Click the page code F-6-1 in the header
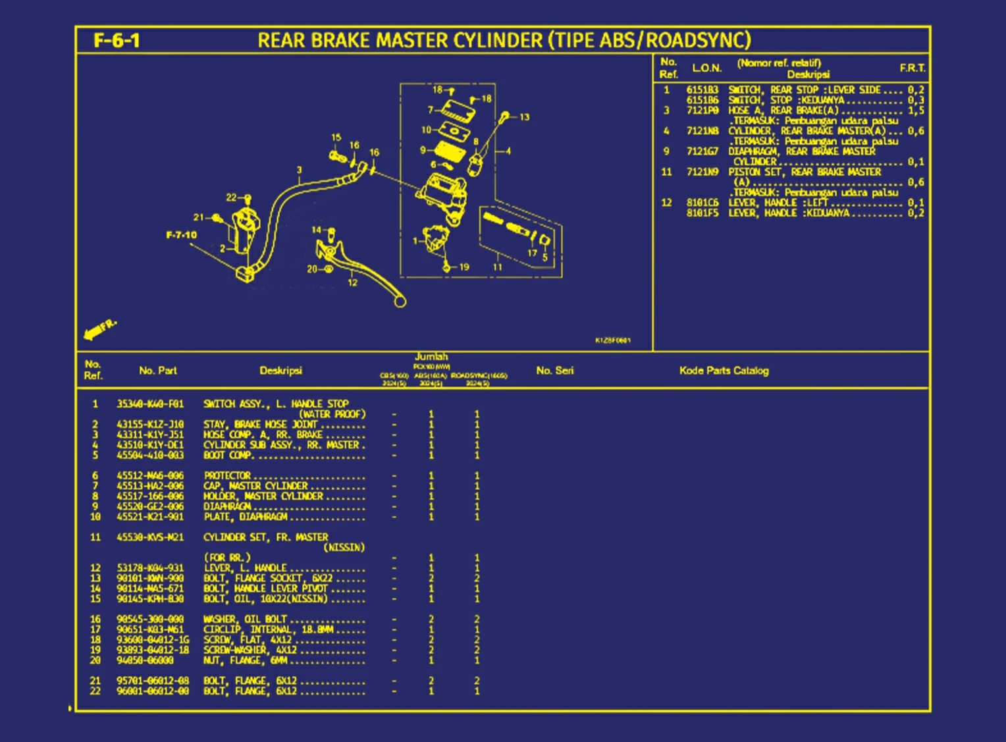pyautogui.click(x=117, y=41)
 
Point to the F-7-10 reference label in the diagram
pyautogui.click(x=181, y=235)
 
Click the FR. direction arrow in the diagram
pyautogui.click(x=99, y=329)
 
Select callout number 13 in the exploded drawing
pyautogui.click(x=524, y=117)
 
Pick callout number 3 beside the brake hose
pyautogui.click(x=299, y=171)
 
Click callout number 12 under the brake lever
pyautogui.click(x=352, y=282)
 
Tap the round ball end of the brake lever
pyautogui.click(x=400, y=302)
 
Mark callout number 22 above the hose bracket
pyautogui.click(x=231, y=198)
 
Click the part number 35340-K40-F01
pyautogui.click(x=150, y=404)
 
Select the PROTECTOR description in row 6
pyautogui.click(x=227, y=475)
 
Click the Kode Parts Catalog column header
pyautogui.click(x=724, y=371)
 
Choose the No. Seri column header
pyautogui.click(x=554, y=371)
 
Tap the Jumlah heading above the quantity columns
pyautogui.click(x=431, y=356)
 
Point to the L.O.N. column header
pyautogui.click(x=706, y=68)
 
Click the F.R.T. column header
pyautogui.click(x=913, y=68)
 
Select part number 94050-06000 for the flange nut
pyautogui.click(x=145, y=660)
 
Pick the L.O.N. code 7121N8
pyautogui.click(x=702, y=131)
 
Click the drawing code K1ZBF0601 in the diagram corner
pyautogui.click(x=612, y=340)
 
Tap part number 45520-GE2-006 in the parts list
pyautogui.click(x=150, y=506)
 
